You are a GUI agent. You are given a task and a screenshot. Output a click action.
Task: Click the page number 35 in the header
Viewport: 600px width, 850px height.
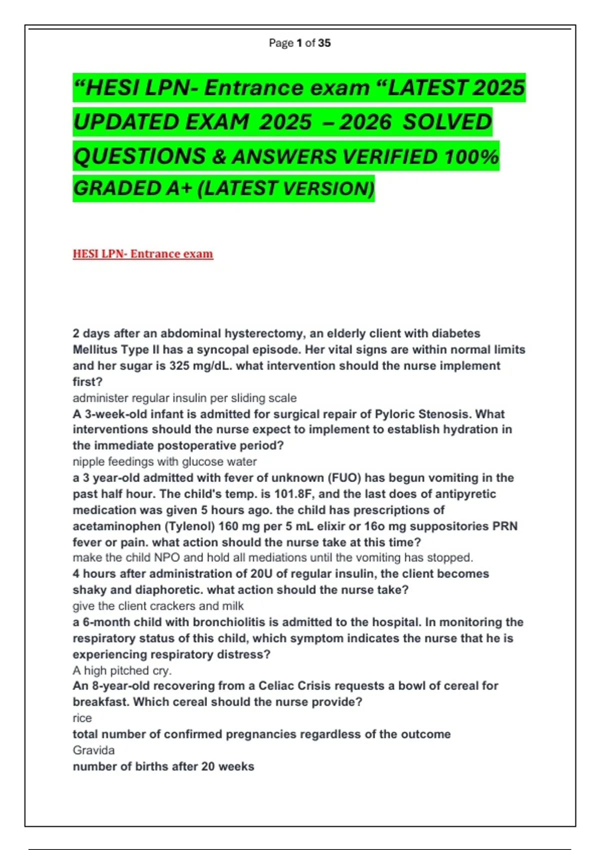pyautogui.click(x=324, y=43)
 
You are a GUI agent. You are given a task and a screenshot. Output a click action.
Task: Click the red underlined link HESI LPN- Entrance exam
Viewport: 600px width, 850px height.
pyautogui.click(x=143, y=254)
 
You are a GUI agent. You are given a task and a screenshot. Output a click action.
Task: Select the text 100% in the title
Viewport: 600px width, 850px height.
pyautogui.click(x=471, y=156)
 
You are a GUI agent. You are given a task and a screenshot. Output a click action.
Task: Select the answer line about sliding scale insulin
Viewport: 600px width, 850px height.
pyautogui.click(x=184, y=398)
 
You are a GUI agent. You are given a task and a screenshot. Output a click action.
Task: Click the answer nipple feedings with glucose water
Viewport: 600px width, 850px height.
pyautogui.click(x=164, y=461)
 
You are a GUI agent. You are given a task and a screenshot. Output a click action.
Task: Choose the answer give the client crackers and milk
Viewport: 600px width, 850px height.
pyautogui.click(x=158, y=606)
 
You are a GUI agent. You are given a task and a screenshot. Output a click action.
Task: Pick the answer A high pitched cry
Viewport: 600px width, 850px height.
pyautogui.click(x=122, y=670)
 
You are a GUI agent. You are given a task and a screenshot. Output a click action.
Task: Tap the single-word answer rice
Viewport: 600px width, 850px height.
pyautogui.click(x=82, y=718)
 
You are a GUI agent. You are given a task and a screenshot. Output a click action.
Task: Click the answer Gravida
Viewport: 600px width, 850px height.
pyautogui.click(x=93, y=750)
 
